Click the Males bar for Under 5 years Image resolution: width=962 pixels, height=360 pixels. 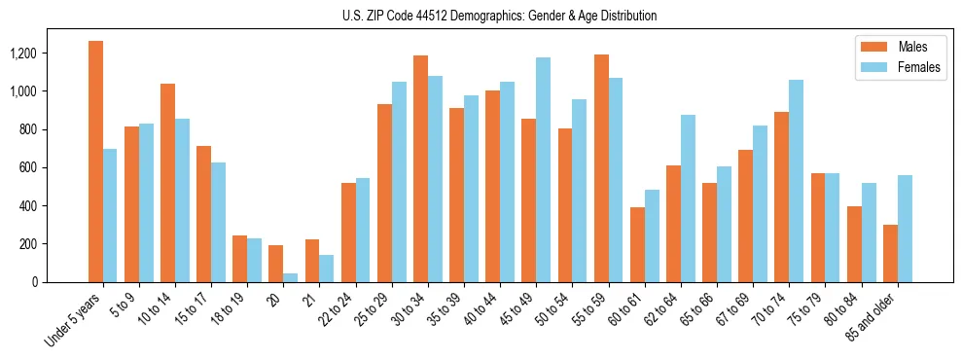[95, 162]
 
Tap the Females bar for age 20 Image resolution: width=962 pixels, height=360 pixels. [291, 277]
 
